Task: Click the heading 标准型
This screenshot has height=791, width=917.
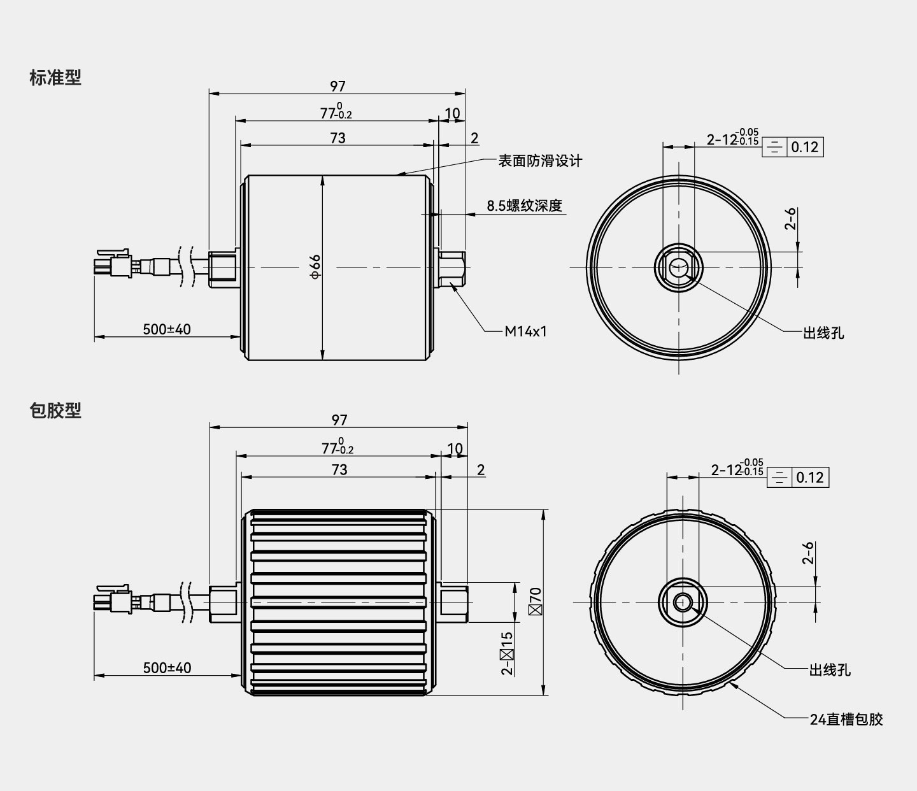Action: click(x=55, y=78)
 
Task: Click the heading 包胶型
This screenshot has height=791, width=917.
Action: click(x=55, y=411)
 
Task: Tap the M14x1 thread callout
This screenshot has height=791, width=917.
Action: click(x=525, y=332)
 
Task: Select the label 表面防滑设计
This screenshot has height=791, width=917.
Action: click(x=539, y=160)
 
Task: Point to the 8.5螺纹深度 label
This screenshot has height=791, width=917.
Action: click(x=524, y=206)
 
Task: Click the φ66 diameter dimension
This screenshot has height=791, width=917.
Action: click(x=315, y=266)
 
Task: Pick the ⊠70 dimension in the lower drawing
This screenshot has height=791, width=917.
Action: click(x=535, y=601)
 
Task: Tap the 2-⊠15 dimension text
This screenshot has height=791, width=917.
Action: click(x=507, y=652)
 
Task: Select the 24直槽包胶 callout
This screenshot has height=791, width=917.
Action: click(x=846, y=719)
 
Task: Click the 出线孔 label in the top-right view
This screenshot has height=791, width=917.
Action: click(x=823, y=332)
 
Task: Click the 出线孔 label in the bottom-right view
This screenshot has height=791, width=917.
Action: click(x=829, y=670)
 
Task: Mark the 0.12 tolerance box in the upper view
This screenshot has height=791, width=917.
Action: click(x=804, y=147)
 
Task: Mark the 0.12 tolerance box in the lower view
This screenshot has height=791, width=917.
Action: click(x=809, y=477)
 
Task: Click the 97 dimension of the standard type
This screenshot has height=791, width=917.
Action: click(x=338, y=86)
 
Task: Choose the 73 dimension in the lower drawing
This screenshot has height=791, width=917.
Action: click(x=339, y=469)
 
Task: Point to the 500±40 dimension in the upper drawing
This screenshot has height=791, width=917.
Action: click(x=166, y=329)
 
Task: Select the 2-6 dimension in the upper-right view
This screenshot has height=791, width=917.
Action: click(x=790, y=218)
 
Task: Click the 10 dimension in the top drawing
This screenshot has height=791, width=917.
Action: click(x=452, y=113)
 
